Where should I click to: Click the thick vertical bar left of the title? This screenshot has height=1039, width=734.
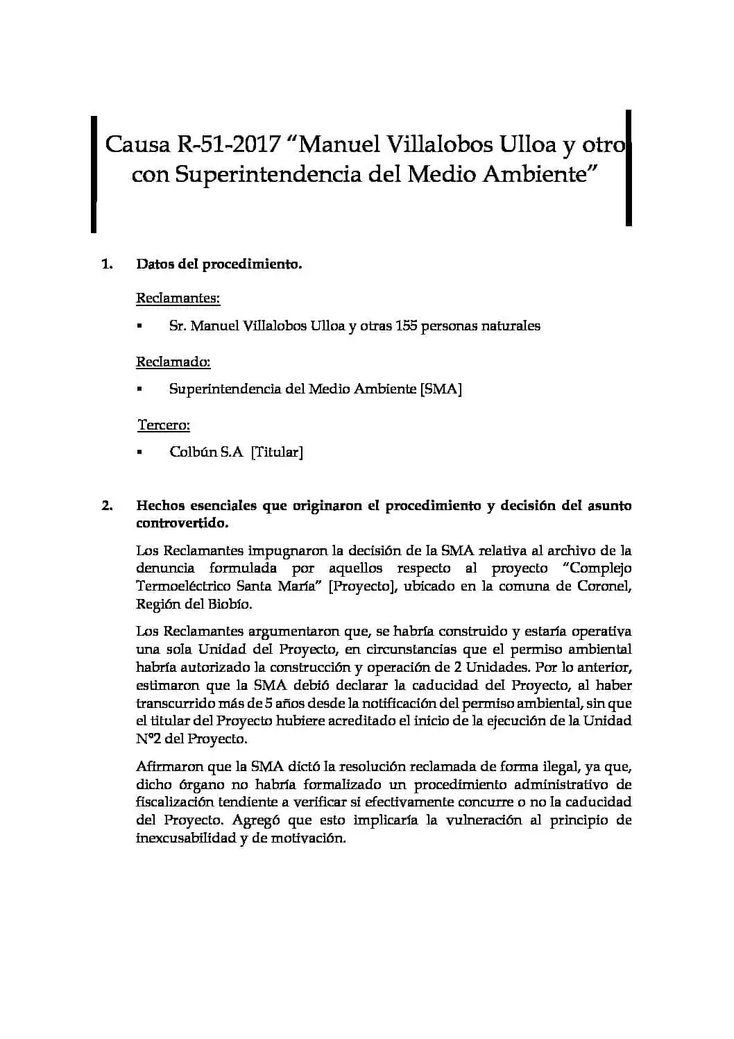94,174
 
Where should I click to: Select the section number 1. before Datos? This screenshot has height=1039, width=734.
107,264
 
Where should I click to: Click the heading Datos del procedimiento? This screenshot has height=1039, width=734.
219,264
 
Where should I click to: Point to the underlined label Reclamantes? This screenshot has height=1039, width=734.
178,298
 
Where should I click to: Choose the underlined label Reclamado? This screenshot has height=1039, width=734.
173,362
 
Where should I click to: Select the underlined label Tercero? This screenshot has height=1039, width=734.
164,425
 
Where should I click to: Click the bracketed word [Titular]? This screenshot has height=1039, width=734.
277,452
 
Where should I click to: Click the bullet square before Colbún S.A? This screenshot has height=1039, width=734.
139,453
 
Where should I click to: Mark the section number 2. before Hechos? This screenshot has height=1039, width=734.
107,505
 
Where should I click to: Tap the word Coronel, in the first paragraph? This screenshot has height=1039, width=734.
604,586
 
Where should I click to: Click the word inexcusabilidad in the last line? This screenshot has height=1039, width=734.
186,838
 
